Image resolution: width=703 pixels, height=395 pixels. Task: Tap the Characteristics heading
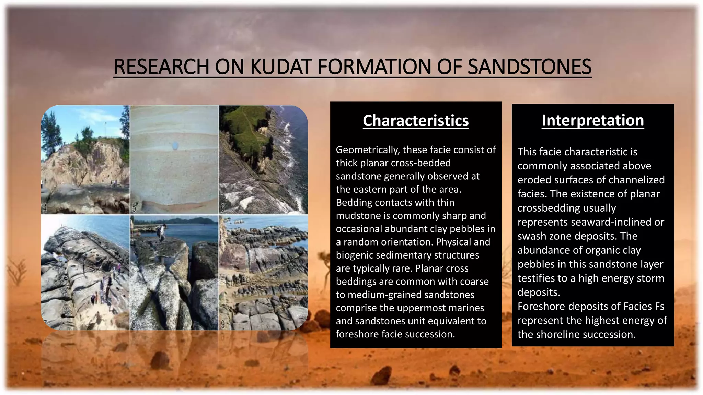pos(416,121)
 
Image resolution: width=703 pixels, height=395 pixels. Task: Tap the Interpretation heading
pos(592,120)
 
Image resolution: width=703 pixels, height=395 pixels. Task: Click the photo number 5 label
pos(134,208)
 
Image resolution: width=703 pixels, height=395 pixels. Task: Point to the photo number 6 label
pos(222,208)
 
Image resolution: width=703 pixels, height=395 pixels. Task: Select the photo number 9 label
pos(222,324)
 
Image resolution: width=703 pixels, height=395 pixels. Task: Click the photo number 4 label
pos(45,208)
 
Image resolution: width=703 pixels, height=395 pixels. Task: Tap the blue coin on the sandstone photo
pos(175,146)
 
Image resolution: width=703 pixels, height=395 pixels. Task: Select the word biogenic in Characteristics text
pos(355,255)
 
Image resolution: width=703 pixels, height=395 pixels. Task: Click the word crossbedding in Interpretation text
pos(566,208)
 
